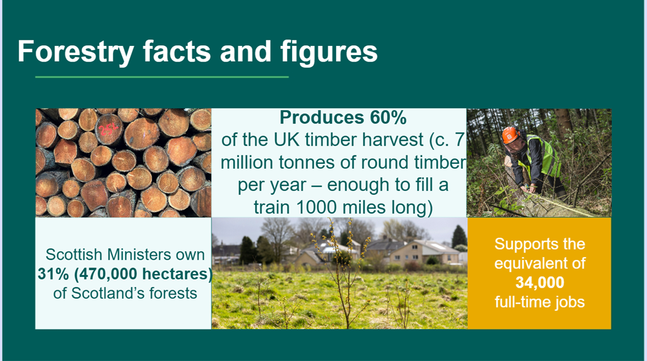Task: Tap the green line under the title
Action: (x=161, y=77)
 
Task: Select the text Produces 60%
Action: (x=343, y=117)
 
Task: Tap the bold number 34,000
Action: (x=539, y=282)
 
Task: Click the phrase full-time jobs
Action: (x=539, y=301)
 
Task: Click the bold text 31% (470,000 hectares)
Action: (x=125, y=274)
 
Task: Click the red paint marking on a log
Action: (x=109, y=128)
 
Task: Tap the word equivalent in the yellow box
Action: (x=539, y=263)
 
